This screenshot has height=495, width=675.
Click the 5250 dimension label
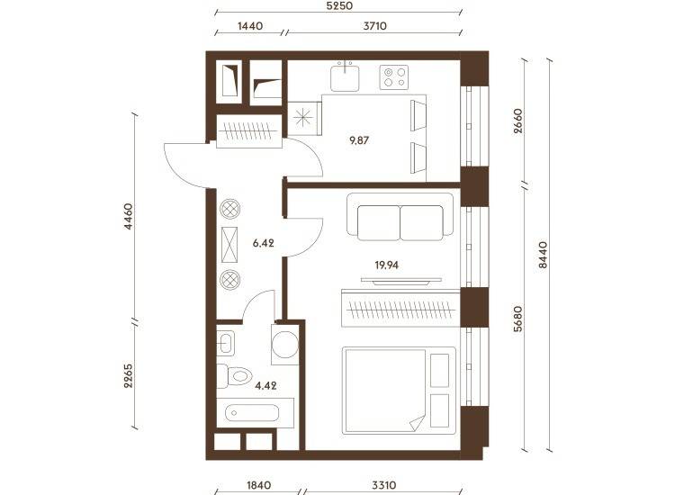point(339,6)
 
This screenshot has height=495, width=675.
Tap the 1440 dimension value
point(250,26)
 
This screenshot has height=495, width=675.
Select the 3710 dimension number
point(375,26)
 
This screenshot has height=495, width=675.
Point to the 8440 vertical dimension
point(544,255)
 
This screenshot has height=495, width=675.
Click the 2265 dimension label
point(129,376)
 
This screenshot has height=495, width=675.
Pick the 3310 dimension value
point(384,485)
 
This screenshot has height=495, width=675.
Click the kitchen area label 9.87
point(359,140)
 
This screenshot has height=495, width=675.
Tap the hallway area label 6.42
point(264,243)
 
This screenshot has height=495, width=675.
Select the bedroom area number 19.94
point(387,265)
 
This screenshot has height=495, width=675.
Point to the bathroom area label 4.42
point(265,386)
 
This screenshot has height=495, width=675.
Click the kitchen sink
point(345,77)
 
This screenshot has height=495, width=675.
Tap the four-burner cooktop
point(394,77)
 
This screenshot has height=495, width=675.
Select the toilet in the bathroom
point(234,376)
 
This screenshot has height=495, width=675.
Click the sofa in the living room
point(400,217)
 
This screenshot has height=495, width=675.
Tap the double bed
point(399,391)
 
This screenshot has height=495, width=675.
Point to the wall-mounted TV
point(401,281)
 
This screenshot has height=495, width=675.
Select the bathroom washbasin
point(225,344)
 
